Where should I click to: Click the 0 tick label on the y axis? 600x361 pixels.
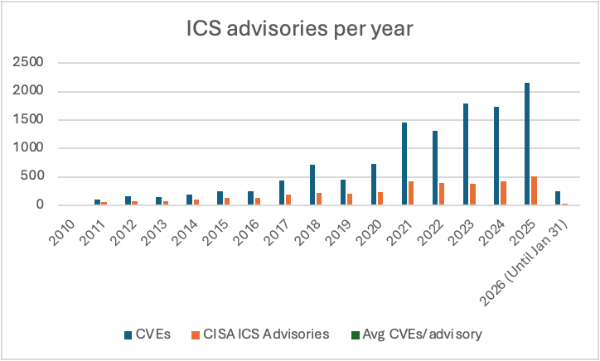[39, 205]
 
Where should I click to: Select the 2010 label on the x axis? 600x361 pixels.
[65, 225]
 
